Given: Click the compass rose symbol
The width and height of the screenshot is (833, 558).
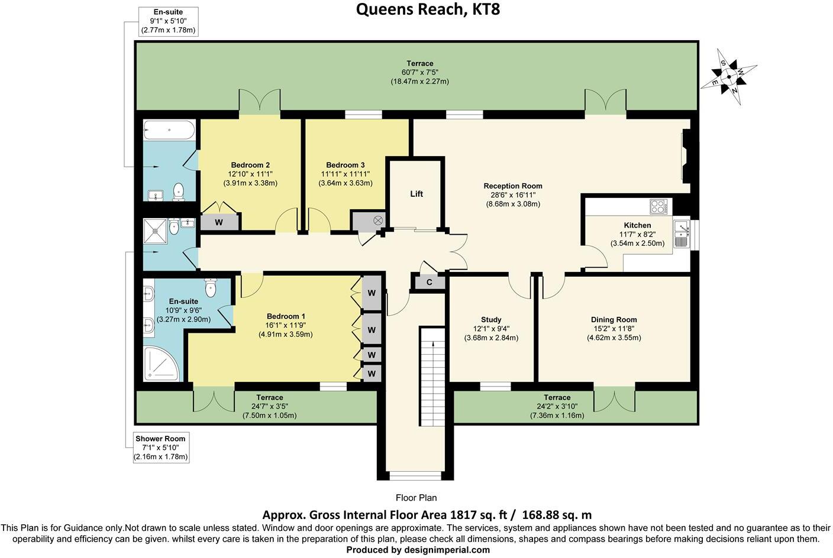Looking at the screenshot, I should (x=729, y=77).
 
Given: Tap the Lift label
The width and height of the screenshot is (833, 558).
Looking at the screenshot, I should (x=417, y=194).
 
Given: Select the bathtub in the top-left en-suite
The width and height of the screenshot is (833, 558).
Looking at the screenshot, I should (x=169, y=129).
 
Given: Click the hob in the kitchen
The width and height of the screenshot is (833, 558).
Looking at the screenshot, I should (x=658, y=206).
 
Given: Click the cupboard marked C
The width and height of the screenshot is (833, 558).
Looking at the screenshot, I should (x=430, y=283).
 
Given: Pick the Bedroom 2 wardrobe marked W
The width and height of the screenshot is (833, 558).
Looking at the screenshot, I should (x=218, y=222).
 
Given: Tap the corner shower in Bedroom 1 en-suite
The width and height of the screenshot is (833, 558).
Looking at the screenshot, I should (x=160, y=363).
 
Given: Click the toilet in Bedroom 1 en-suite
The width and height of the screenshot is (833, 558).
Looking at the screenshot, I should (x=211, y=288).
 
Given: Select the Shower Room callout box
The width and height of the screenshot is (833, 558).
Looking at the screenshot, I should (x=160, y=447).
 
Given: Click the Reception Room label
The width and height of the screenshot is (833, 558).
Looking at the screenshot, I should (x=512, y=186).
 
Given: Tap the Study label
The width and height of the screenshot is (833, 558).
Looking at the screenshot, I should (x=491, y=320).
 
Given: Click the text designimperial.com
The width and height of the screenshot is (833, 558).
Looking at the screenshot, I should (x=451, y=550).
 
